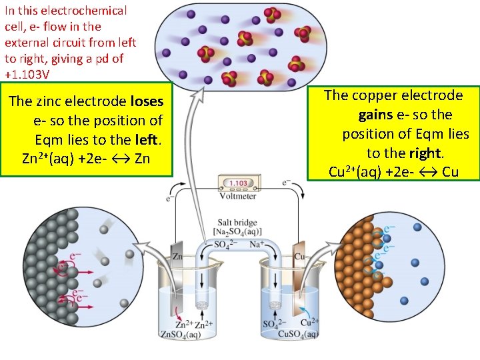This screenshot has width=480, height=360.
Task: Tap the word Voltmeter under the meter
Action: coord(239,196)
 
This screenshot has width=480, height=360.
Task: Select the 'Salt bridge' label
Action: coord(237,223)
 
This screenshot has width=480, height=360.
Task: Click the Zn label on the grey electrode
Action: coord(178,255)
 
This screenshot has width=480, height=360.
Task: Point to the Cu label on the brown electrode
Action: coord(299,255)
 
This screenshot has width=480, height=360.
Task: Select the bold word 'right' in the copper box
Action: coord(425,153)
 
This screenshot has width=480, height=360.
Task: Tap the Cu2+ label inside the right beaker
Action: coord(309,322)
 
